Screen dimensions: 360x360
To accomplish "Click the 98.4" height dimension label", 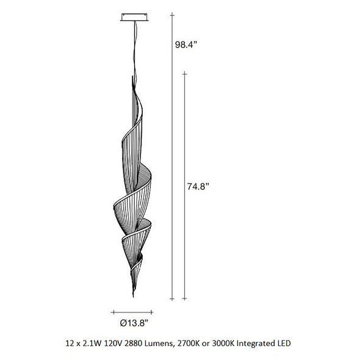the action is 186,45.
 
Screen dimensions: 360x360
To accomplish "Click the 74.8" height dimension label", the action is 198,186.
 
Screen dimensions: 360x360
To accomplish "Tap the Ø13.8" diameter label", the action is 134,323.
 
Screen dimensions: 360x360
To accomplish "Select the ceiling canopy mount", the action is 134,18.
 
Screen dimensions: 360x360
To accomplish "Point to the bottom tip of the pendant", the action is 133,297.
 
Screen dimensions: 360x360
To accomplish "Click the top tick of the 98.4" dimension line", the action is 172,15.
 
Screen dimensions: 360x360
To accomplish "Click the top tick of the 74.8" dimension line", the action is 185,74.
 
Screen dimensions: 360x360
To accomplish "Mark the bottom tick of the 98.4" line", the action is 172,299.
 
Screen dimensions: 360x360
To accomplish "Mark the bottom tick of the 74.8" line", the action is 185,298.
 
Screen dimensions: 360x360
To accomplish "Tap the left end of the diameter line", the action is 113,312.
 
